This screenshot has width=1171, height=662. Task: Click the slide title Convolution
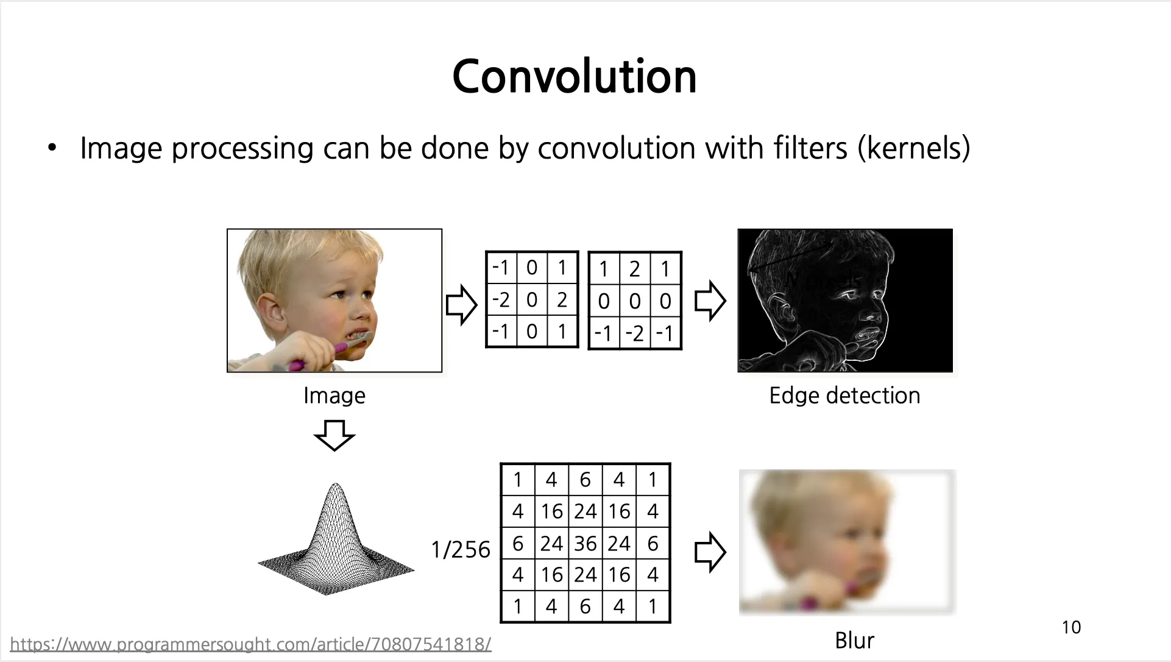[575, 77]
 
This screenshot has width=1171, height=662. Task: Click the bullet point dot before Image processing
[52, 148]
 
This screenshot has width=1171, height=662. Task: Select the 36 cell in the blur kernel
[585, 543]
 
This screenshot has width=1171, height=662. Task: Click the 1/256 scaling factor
[461, 549]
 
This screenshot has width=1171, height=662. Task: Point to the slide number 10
[1071, 627]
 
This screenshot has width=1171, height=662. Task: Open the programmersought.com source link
[250, 644]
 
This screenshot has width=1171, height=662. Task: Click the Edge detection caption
[844, 396]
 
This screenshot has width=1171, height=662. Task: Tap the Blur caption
[854, 640]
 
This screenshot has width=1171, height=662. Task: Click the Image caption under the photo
[334, 396]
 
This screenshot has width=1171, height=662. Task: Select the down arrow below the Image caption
[334, 435]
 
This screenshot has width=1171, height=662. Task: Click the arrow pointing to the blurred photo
[710, 552]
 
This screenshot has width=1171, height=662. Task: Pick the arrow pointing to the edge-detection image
[710, 301]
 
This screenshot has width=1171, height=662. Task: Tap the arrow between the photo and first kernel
[461, 305]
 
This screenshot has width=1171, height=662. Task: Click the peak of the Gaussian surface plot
[335, 485]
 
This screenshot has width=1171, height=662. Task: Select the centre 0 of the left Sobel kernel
[532, 299]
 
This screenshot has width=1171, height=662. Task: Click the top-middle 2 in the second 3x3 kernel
[635, 269]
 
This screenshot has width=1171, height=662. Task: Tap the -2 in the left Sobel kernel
[501, 299]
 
